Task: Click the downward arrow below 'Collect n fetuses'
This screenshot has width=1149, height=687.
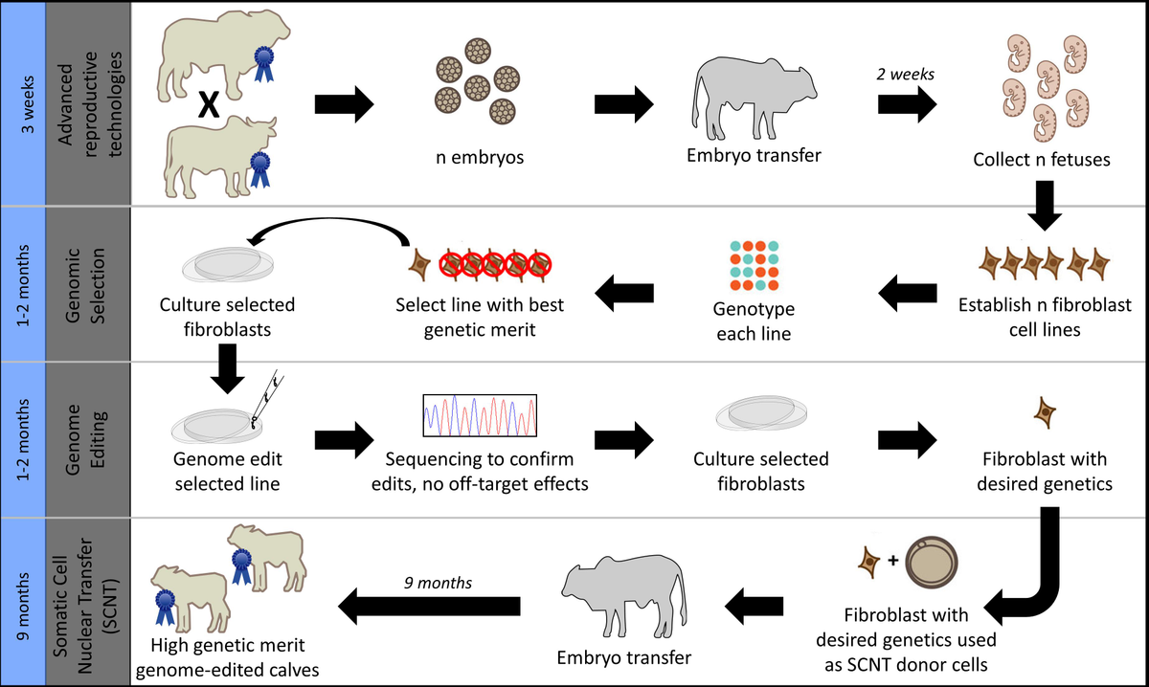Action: tap(1045, 211)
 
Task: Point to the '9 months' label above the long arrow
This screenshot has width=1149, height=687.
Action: tap(430, 581)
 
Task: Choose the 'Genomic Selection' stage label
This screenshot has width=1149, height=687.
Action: tap(89, 283)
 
